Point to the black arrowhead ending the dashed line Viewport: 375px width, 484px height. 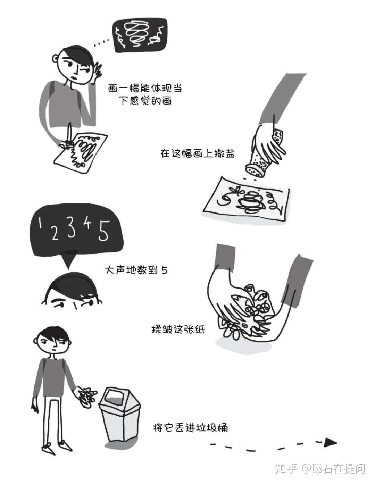[330, 442]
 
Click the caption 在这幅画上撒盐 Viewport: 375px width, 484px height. [198, 153]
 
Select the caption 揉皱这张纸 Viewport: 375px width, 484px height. [178, 329]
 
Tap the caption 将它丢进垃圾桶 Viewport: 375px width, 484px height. [190, 427]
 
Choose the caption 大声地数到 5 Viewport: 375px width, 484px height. [136, 270]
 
